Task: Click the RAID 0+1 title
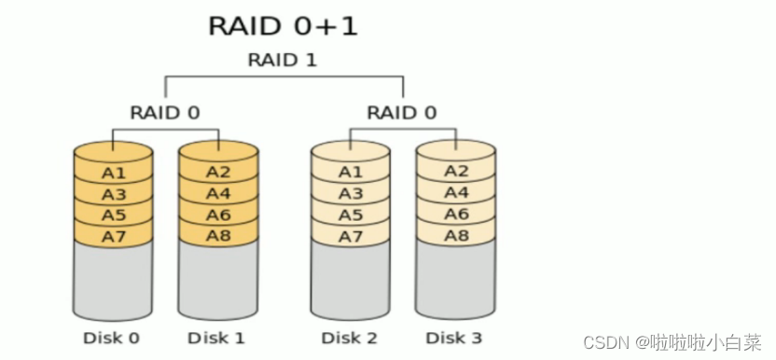pyautogui.click(x=283, y=25)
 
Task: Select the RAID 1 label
pyautogui.click(x=282, y=60)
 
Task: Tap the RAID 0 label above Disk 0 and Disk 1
pyautogui.click(x=164, y=113)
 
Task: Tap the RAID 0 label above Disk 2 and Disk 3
pyautogui.click(x=402, y=113)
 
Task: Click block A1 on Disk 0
pyautogui.click(x=114, y=173)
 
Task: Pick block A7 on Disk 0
pyautogui.click(x=114, y=237)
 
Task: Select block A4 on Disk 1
pyautogui.click(x=218, y=193)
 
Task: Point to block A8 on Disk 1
pyautogui.click(x=218, y=236)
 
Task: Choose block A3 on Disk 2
pyautogui.click(x=351, y=194)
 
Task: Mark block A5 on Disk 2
pyautogui.click(x=351, y=215)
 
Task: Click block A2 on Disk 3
pyautogui.click(x=456, y=172)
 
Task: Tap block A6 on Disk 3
pyautogui.click(x=456, y=214)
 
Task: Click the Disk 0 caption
pyautogui.click(x=113, y=338)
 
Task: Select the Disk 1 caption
pyautogui.click(x=216, y=338)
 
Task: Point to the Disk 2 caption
pyautogui.click(x=350, y=338)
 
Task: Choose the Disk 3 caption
pyautogui.click(x=454, y=338)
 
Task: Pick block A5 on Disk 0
pyautogui.click(x=114, y=215)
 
